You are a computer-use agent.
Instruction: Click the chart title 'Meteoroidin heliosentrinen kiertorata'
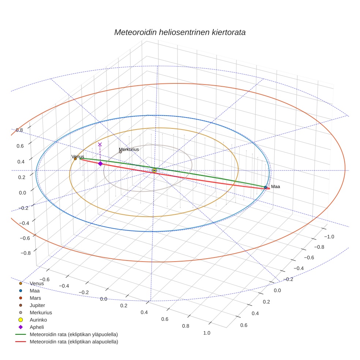pos(180,32)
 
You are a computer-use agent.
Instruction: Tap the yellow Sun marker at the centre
pos(154,170)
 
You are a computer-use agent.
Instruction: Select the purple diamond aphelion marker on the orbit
pos(100,164)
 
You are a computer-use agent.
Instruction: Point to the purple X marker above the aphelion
pos(100,145)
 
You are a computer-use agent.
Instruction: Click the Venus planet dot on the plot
pos(75,159)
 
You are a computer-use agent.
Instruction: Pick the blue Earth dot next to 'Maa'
pos(265,187)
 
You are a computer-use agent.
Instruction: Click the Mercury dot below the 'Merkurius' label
pos(120,152)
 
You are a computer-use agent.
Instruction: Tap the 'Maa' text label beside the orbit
pos(275,187)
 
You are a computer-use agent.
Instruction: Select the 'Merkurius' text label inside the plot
pos(129,149)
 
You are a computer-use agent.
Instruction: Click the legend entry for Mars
pos(35,298)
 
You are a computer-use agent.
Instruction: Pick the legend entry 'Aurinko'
pos(38,320)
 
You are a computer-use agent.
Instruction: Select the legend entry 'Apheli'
pos(36,327)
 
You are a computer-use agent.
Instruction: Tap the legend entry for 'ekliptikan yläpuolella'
pos(74,334)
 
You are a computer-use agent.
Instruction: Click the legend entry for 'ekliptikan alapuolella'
pos(74,342)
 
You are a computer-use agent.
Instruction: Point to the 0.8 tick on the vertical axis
pos(19,130)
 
